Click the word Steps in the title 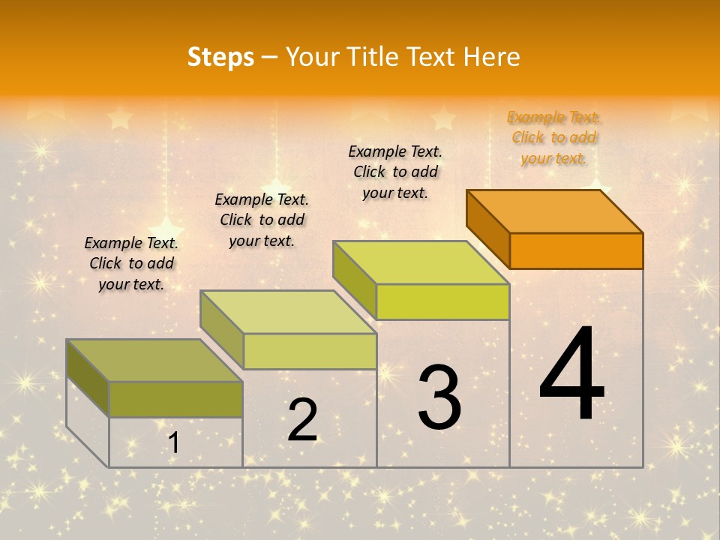(x=220, y=57)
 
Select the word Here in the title (x=492, y=57)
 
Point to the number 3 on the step (x=439, y=397)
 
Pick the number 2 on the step (x=303, y=420)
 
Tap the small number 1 (x=173, y=442)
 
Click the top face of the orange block (x=554, y=211)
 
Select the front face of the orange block (x=576, y=250)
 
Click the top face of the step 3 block (x=421, y=262)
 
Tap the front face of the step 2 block (x=310, y=351)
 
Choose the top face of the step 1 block (x=154, y=360)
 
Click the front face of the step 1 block (x=175, y=399)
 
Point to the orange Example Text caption (x=554, y=137)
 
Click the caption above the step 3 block (x=395, y=172)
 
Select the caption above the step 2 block (x=262, y=220)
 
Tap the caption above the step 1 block (x=131, y=263)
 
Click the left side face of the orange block (x=488, y=229)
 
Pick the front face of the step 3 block (x=442, y=301)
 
